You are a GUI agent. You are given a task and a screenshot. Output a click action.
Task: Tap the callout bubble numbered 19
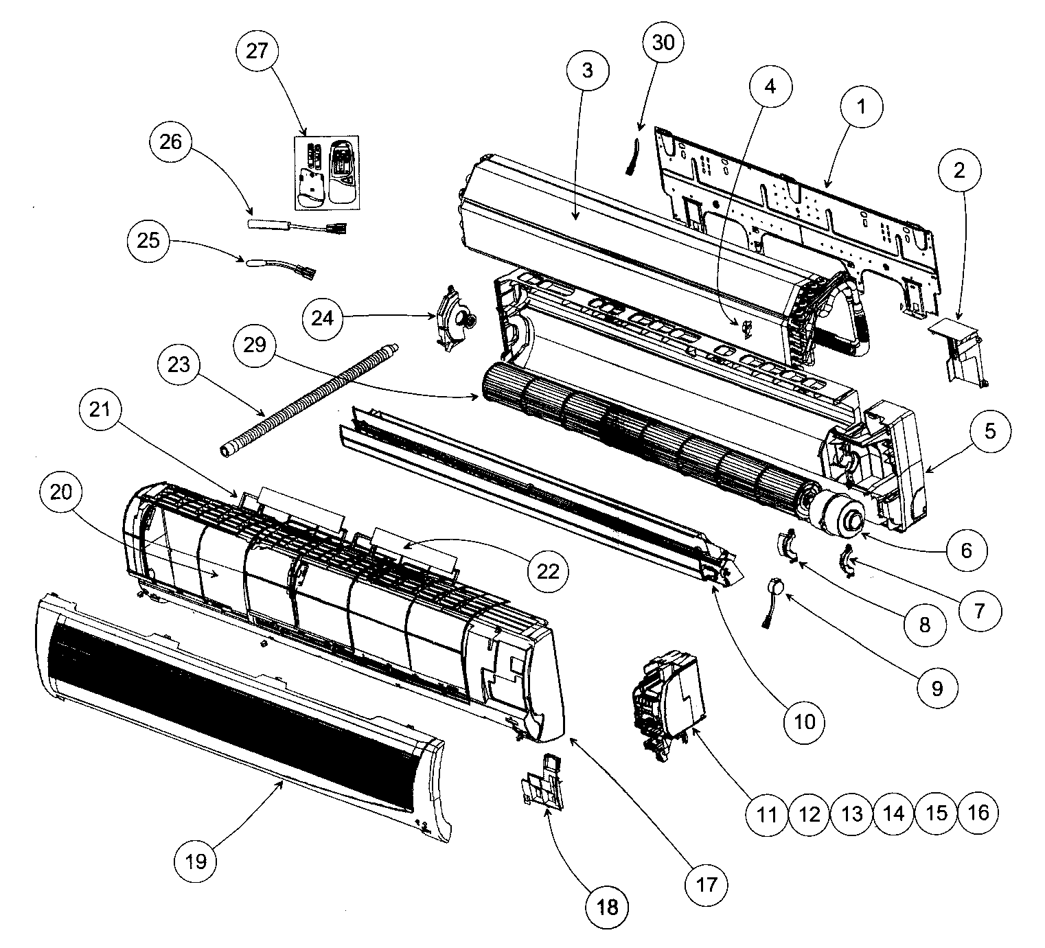196,859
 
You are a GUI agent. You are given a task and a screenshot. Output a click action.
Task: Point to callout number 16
978,812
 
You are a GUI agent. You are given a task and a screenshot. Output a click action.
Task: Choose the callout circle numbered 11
766,813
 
